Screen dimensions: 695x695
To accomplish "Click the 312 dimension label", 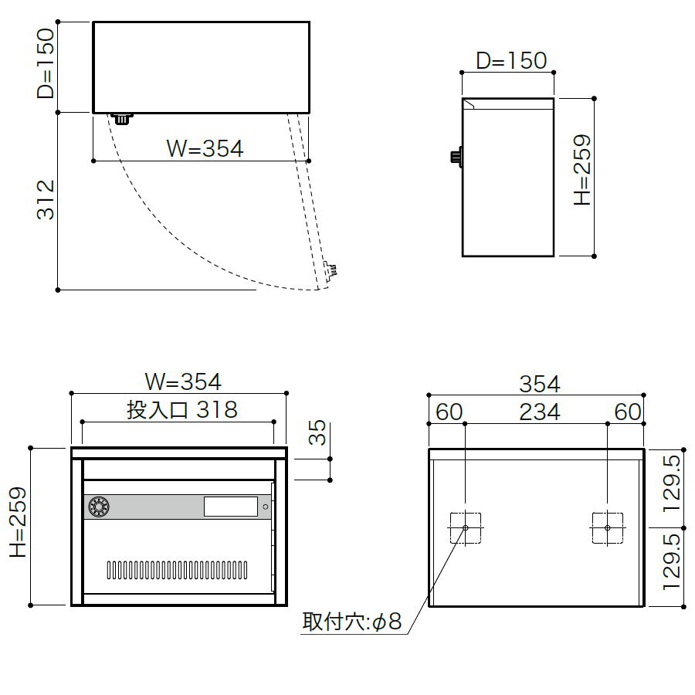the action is [46, 199].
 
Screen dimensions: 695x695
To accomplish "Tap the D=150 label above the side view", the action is [511, 61].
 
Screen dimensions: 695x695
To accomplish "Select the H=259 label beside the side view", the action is [582, 170].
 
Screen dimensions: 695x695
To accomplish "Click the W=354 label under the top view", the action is [205, 148].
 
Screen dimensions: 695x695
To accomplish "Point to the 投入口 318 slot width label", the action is [182, 409].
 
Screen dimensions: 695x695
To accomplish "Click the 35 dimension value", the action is [317, 432].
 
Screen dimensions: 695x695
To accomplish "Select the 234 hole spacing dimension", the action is [540, 412].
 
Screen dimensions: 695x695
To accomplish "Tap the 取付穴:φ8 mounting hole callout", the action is [352, 622].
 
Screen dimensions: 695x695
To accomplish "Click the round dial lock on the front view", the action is [99, 507].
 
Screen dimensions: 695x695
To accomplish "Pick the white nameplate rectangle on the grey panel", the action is [230, 507].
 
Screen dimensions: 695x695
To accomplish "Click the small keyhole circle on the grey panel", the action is [266, 507].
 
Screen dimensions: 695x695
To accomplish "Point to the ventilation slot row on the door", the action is [177, 570].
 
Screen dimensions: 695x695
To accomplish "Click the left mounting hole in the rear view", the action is [466, 528].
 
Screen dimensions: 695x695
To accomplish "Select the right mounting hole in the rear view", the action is [608, 528].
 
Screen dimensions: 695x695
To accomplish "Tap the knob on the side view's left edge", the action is [456, 157].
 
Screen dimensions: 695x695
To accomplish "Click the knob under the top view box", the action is [121, 119].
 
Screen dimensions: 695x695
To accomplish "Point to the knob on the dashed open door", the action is [331, 270].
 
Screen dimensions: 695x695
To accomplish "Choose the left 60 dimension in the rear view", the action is [449, 412].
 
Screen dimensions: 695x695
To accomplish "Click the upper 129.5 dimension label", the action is [672, 483].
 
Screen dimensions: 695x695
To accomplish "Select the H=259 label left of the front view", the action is [19, 523].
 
